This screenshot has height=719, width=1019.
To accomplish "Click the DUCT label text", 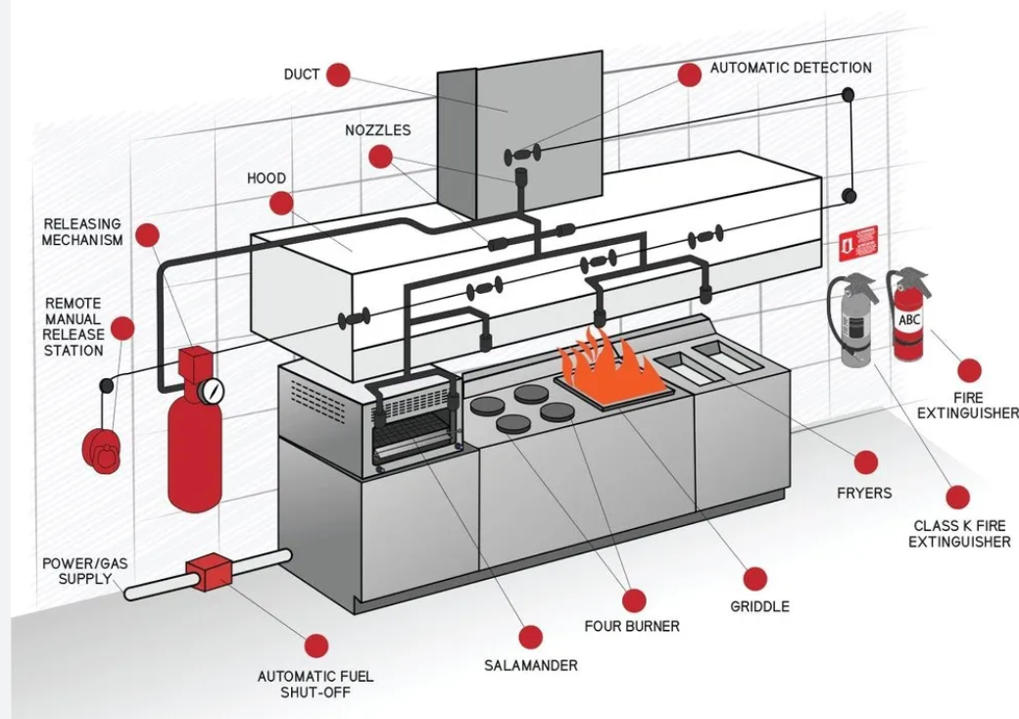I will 302,74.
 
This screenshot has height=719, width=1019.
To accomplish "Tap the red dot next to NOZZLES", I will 380,156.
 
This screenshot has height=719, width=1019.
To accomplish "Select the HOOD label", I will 267,178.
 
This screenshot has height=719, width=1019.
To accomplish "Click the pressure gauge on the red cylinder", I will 210,392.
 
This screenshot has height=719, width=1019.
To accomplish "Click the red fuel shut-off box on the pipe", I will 207,573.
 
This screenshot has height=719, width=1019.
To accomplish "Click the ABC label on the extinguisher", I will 910,319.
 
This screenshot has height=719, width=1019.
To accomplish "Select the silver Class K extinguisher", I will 854,323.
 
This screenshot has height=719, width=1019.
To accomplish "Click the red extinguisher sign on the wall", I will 857,241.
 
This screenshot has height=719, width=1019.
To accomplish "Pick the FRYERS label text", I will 864,493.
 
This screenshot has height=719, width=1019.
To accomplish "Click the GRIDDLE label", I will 759,606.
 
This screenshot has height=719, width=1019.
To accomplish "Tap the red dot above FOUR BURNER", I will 635,600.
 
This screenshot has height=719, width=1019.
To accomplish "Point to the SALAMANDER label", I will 531,666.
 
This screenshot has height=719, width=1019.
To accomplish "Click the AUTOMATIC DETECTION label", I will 791,69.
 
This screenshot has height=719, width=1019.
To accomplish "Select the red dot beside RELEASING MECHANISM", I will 147,235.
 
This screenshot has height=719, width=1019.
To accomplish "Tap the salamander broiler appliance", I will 416,421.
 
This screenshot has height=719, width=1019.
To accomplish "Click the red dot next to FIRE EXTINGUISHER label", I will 969,370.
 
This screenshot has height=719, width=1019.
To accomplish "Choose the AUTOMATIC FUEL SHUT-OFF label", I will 315,684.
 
